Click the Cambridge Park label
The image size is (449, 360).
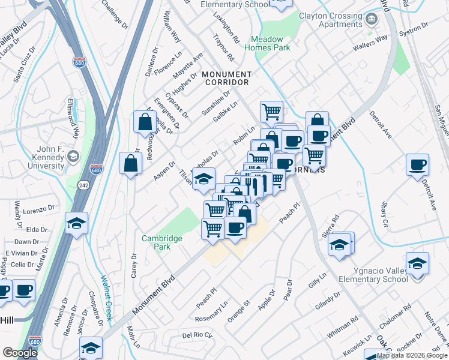(x=161, y=242)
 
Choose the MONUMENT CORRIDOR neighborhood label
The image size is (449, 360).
(x=226, y=78)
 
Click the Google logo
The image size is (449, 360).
(x=20, y=353)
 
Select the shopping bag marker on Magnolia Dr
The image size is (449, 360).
(x=145, y=123)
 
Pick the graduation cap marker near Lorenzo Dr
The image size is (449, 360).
(x=76, y=224)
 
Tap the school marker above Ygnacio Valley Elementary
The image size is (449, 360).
(x=417, y=263)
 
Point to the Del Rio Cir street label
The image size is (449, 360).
(x=197, y=334)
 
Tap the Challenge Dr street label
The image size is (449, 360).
(x=115, y=14)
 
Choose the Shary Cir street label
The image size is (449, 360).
(x=383, y=211)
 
